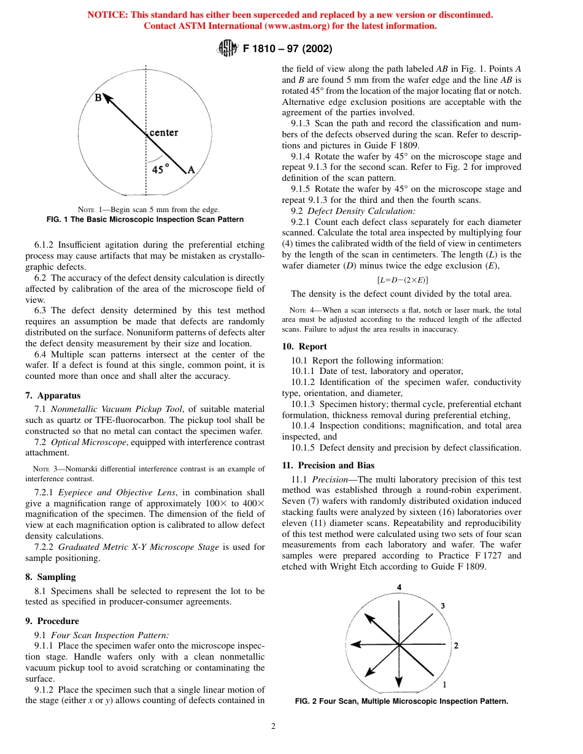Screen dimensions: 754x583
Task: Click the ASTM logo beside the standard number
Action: tap(228, 48)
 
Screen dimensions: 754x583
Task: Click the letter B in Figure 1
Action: tap(98, 97)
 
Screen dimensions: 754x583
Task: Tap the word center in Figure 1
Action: tap(164, 132)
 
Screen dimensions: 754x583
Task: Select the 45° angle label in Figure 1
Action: tap(161, 170)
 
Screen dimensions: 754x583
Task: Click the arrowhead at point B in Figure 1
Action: tap(107, 99)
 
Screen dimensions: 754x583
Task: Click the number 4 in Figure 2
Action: tap(399, 587)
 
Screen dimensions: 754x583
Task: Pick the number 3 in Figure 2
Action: tap(442, 606)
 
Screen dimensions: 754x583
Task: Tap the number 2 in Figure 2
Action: tap(455, 645)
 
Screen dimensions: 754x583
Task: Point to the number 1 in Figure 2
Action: tap(444, 684)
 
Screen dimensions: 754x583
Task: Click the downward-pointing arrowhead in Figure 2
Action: tap(399, 682)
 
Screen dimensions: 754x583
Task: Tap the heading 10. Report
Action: tap(304, 346)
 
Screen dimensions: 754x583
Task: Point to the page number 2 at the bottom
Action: tap(274, 726)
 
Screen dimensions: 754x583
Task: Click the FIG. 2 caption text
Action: tap(401, 701)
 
